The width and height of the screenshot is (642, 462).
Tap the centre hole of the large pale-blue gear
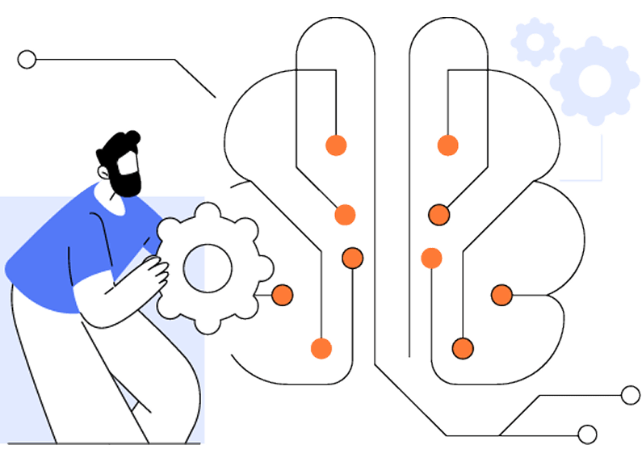594,81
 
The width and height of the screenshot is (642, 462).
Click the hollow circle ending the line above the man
27,59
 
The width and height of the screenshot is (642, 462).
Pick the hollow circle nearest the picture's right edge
630,395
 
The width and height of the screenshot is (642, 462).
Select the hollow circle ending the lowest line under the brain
588,435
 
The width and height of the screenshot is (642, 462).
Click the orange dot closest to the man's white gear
282,295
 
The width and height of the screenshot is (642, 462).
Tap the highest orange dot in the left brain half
335,145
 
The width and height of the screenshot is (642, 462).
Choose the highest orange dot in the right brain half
447,145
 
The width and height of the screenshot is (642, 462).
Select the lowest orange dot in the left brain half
321,348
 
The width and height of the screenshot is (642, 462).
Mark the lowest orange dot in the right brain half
462,348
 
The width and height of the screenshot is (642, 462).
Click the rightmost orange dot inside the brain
501,295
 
